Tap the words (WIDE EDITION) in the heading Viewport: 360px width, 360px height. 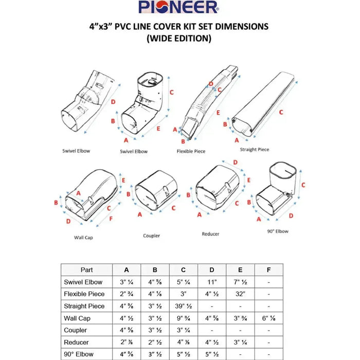tap(179, 39)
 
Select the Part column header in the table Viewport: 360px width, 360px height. tap(87, 269)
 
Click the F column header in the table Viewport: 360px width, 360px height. tap(268, 269)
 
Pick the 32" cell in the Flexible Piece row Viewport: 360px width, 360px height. tap(240, 294)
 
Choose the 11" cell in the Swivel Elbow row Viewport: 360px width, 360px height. tap(212, 282)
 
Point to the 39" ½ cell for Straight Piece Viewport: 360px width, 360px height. tap(184, 306)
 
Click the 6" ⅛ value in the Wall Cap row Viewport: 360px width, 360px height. tap(268, 318)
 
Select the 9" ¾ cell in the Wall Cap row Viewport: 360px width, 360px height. tap(184, 318)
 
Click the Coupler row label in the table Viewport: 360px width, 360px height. tap(76, 330)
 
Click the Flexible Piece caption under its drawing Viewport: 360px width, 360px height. tap(191, 152)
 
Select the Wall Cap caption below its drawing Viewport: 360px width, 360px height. tap(83, 238)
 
